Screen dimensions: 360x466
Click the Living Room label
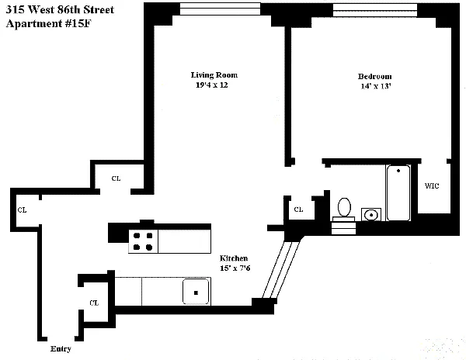tap(214, 75)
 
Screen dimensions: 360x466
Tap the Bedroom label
tap(374, 76)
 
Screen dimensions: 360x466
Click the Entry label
tap(61, 349)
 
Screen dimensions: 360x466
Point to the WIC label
tap(433, 186)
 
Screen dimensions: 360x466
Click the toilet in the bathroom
tap(344, 207)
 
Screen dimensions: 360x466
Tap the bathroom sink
tap(370, 214)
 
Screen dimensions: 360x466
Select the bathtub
tap(398, 193)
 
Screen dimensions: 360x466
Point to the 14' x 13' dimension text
tap(374, 86)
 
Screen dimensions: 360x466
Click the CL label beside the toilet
tap(297, 209)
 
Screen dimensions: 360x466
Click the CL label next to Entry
tap(94, 303)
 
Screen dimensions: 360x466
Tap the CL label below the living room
tap(116, 178)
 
